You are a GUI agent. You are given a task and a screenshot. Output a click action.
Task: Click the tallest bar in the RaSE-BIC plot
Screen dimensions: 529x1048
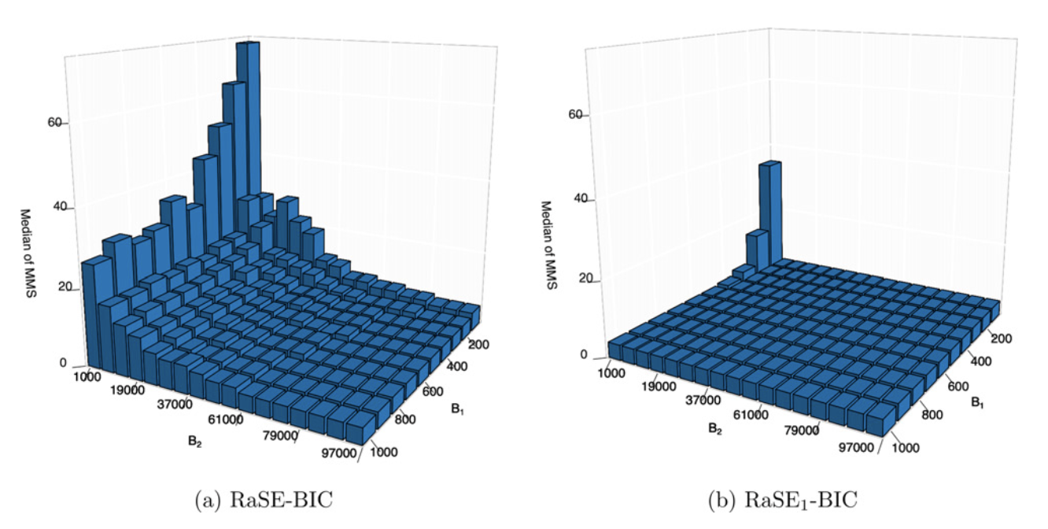click(248, 118)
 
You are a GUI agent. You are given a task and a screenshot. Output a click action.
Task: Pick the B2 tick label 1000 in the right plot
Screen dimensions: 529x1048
click(612, 372)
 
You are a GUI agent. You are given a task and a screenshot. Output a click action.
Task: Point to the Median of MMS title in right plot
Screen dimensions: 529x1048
click(548, 245)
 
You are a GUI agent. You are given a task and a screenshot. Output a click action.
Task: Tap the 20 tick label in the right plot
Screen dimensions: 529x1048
click(580, 280)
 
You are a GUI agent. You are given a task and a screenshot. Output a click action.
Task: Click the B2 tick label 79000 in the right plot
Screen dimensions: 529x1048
click(805, 431)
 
